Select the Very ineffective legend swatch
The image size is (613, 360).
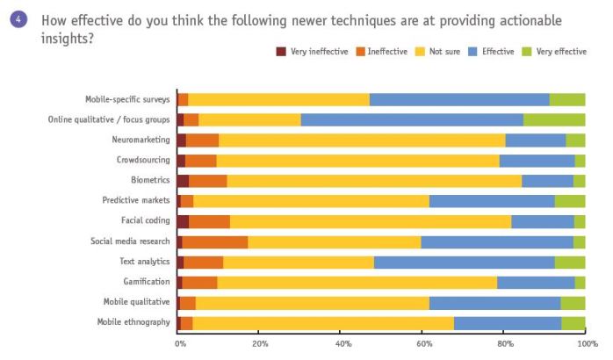(x=281, y=52)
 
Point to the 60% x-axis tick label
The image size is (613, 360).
(x=423, y=344)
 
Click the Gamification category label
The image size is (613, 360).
(x=147, y=282)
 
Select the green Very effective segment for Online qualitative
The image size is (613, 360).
(x=554, y=119)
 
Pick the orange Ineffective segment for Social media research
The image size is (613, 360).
(x=215, y=241)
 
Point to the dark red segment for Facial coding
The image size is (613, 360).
(x=183, y=221)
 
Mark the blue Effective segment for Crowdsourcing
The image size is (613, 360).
(x=537, y=161)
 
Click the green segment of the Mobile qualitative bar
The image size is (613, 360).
(x=573, y=303)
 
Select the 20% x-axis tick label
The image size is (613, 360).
(x=260, y=344)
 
